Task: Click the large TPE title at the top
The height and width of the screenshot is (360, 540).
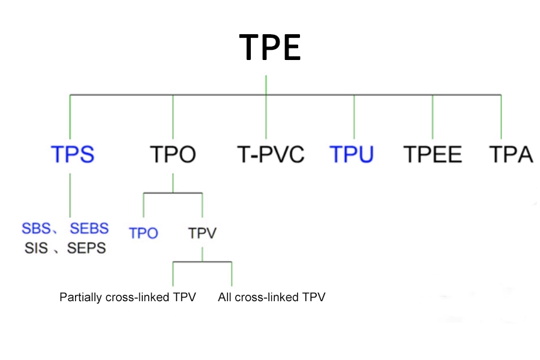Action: tap(270, 47)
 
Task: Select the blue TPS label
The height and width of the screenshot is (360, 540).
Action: tap(73, 154)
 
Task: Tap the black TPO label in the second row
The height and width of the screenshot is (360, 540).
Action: tap(173, 154)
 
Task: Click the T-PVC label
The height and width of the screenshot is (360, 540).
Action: tap(271, 154)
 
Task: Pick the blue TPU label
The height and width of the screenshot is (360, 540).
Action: tap(352, 154)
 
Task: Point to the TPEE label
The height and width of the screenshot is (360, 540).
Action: tap(433, 154)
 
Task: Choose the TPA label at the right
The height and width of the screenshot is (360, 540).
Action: tap(511, 154)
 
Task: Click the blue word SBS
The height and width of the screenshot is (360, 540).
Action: tap(36, 228)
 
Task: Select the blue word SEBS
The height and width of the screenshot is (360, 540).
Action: tap(89, 228)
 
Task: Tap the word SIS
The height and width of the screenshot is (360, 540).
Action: tap(36, 248)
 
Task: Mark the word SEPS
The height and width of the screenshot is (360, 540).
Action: tap(86, 248)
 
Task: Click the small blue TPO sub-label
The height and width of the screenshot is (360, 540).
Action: tap(143, 233)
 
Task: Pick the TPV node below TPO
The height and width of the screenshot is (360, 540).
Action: tap(202, 233)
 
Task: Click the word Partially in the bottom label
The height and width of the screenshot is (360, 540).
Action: tap(80, 297)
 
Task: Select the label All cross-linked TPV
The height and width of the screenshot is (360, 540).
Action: tap(272, 297)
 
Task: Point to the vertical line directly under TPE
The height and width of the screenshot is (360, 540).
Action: tap(266, 85)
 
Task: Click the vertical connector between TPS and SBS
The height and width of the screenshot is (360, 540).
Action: tap(70, 195)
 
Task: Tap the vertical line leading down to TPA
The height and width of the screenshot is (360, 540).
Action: tap(501, 117)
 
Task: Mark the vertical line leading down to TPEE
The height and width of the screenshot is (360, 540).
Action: tap(433, 117)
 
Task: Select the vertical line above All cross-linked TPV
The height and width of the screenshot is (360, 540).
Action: tap(232, 274)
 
